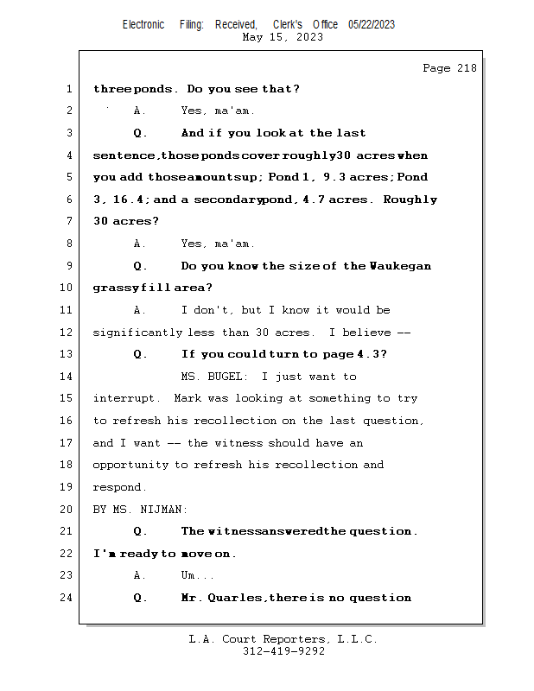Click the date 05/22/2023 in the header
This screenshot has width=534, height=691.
pos(372,25)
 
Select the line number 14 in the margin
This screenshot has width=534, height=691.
pos(67,377)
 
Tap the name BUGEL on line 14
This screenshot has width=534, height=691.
pos(228,377)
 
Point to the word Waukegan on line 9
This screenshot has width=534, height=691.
pos(400,266)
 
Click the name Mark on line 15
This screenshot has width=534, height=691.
pos(188,399)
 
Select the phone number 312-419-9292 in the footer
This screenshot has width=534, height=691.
pos(283,652)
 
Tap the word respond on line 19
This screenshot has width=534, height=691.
pos(118,487)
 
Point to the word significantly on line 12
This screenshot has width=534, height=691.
pos(137,333)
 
